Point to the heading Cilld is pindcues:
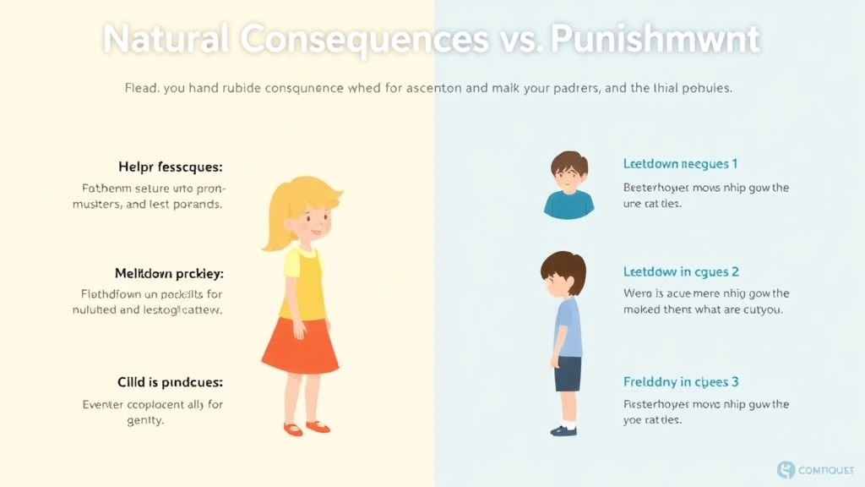[171, 382]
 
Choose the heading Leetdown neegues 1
[681, 163]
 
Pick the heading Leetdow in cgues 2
[681, 271]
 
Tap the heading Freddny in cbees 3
[681, 381]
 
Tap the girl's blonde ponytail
[278, 222]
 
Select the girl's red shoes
[305, 428]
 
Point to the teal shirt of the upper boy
[569, 204]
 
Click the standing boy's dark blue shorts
[568, 373]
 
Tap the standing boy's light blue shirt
[569, 326]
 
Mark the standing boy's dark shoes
[563, 430]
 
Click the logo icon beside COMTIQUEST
[786, 470]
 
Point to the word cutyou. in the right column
[761, 309]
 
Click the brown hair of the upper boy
[569, 161]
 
